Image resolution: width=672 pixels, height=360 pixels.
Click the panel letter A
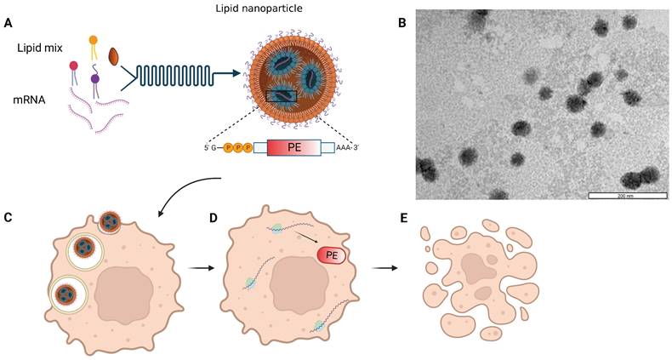coord(9,23)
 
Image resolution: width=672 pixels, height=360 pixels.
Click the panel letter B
coord(402,23)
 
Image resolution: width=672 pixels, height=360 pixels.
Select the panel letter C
coord(9,217)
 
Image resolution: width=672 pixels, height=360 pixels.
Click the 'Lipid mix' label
coord(39,49)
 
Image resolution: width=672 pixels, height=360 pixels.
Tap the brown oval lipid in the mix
coord(115,56)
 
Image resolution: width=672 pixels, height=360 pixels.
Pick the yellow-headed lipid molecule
coord(93,40)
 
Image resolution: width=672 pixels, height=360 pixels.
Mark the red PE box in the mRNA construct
coord(295,147)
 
